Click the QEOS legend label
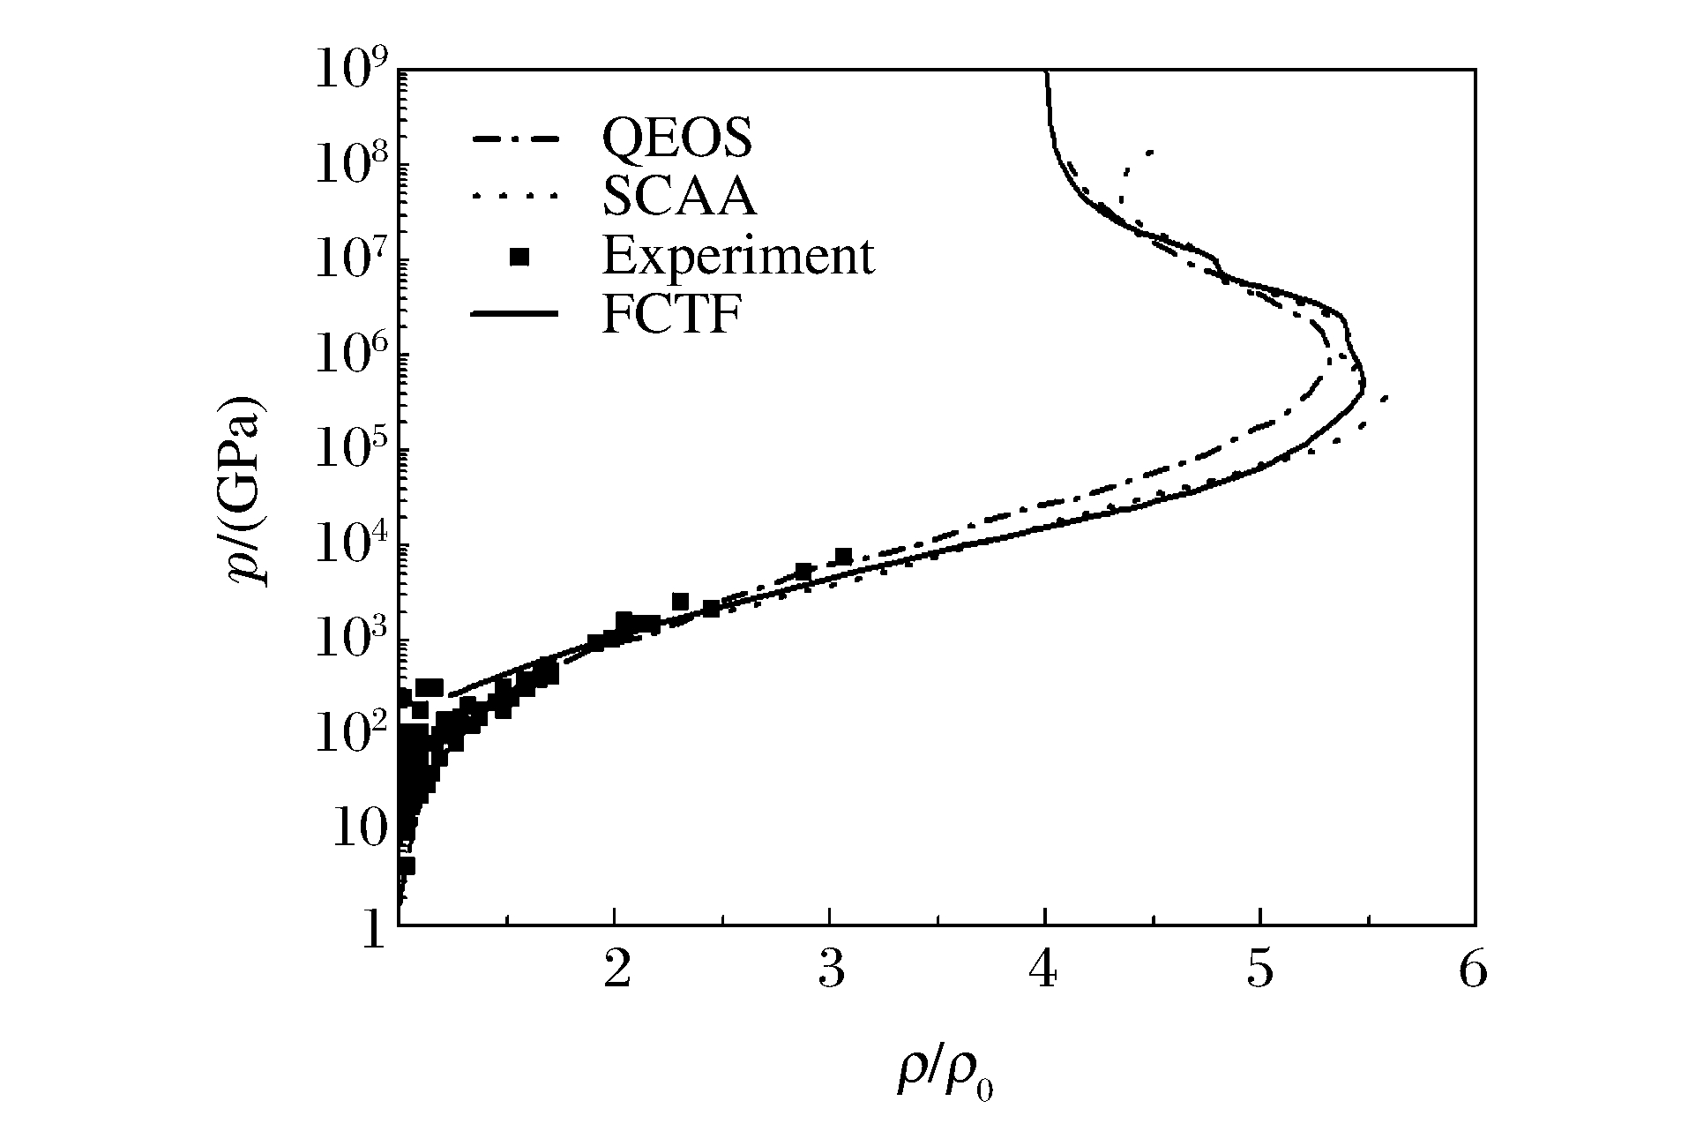point(676,138)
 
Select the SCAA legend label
point(679,197)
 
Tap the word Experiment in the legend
point(738,256)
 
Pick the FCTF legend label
point(670,314)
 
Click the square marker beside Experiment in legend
point(520,257)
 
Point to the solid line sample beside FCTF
point(516,314)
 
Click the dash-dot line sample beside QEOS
point(516,139)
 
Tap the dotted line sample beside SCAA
point(516,198)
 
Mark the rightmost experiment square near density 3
point(843,557)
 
